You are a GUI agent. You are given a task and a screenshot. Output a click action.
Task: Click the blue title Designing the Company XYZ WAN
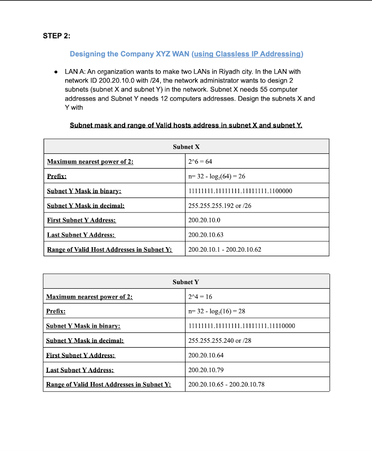(130, 54)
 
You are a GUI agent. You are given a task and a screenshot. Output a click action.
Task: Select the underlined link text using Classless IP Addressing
(247, 54)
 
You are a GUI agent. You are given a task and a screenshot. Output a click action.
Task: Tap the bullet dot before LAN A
(55, 72)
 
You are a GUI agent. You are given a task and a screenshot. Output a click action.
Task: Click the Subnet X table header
(186, 147)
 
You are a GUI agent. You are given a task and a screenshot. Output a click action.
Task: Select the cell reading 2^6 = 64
(200, 161)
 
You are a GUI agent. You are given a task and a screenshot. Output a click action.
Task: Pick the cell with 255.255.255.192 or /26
(219, 205)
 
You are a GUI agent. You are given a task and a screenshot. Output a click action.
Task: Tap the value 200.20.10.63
(206, 235)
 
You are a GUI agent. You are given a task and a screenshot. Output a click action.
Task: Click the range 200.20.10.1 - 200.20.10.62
(225, 249)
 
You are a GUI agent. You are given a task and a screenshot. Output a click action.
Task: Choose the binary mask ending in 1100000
(240, 191)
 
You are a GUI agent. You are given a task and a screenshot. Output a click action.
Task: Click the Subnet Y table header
(186, 282)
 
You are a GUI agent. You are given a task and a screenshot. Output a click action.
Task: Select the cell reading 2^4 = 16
(200, 297)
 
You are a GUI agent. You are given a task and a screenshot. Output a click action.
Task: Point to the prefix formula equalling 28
(216, 311)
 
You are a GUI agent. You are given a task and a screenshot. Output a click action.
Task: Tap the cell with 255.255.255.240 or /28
(219, 341)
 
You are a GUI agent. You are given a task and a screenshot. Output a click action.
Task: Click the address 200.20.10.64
(206, 355)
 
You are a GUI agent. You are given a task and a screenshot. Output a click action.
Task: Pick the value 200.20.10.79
(206, 370)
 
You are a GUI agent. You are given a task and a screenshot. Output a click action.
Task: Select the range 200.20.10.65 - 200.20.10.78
(226, 384)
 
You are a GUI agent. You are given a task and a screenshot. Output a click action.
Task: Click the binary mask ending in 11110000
(241, 326)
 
